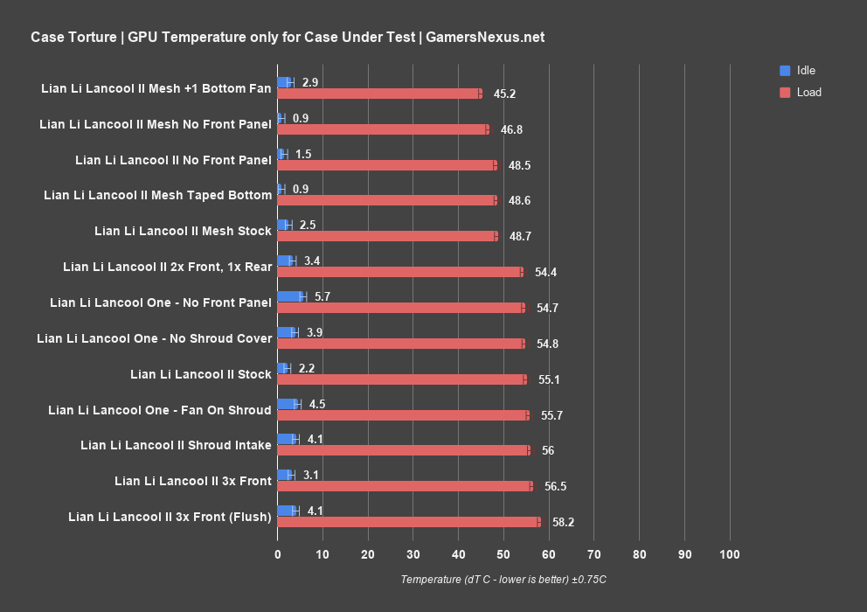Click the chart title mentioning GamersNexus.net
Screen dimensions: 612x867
(x=288, y=37)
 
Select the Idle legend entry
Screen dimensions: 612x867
(x=805, y=70)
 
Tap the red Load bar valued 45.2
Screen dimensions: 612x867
(x=378, y=94)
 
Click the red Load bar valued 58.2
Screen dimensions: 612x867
(x=408, y=522)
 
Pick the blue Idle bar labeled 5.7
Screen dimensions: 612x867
(x=290, y=296)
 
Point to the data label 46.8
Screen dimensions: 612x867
(x=511, y=129)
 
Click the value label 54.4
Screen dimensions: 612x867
(x=546, y=272)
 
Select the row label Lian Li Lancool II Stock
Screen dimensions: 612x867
(x=201, y=374)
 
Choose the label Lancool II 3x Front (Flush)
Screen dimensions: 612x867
(x=170, y=517)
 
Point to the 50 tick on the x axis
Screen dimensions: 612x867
(x=503, y=554)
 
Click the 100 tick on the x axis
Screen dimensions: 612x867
(x=730, y=554)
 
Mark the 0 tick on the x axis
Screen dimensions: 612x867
(x=277, y=554)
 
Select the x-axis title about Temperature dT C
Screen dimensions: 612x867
(x=503, y=580)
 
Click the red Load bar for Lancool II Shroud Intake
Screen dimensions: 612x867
(x=403, y=450)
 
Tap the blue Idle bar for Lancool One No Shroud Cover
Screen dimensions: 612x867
(x=287, y=332)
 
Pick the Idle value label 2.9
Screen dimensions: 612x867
(x=310, y=82)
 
